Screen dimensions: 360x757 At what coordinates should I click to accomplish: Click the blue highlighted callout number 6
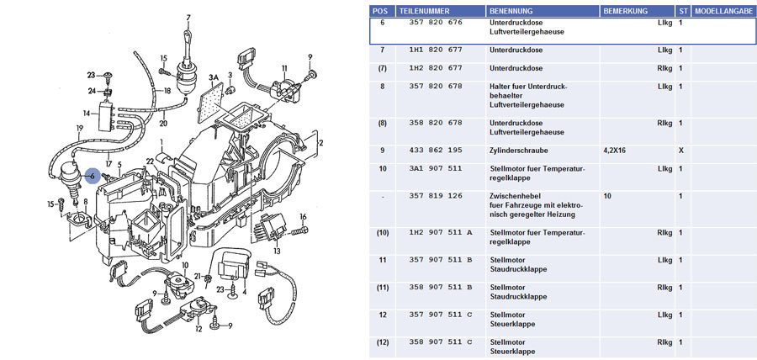pos(93,175)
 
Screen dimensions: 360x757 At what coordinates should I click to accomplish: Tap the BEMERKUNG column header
pos(627,11)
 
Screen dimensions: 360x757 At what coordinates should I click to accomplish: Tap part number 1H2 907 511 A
pos(441,232)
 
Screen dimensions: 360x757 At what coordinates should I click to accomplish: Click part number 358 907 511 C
pos(441,343)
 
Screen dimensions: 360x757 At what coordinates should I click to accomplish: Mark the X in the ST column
pos(681,150)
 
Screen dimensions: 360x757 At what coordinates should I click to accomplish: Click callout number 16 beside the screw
pos(304,217)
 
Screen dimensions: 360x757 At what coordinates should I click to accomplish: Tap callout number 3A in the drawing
pos(214,77)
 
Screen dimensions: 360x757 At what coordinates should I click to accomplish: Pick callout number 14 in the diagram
pos(86,113)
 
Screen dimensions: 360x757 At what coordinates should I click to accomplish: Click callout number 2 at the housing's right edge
pos(320,143)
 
